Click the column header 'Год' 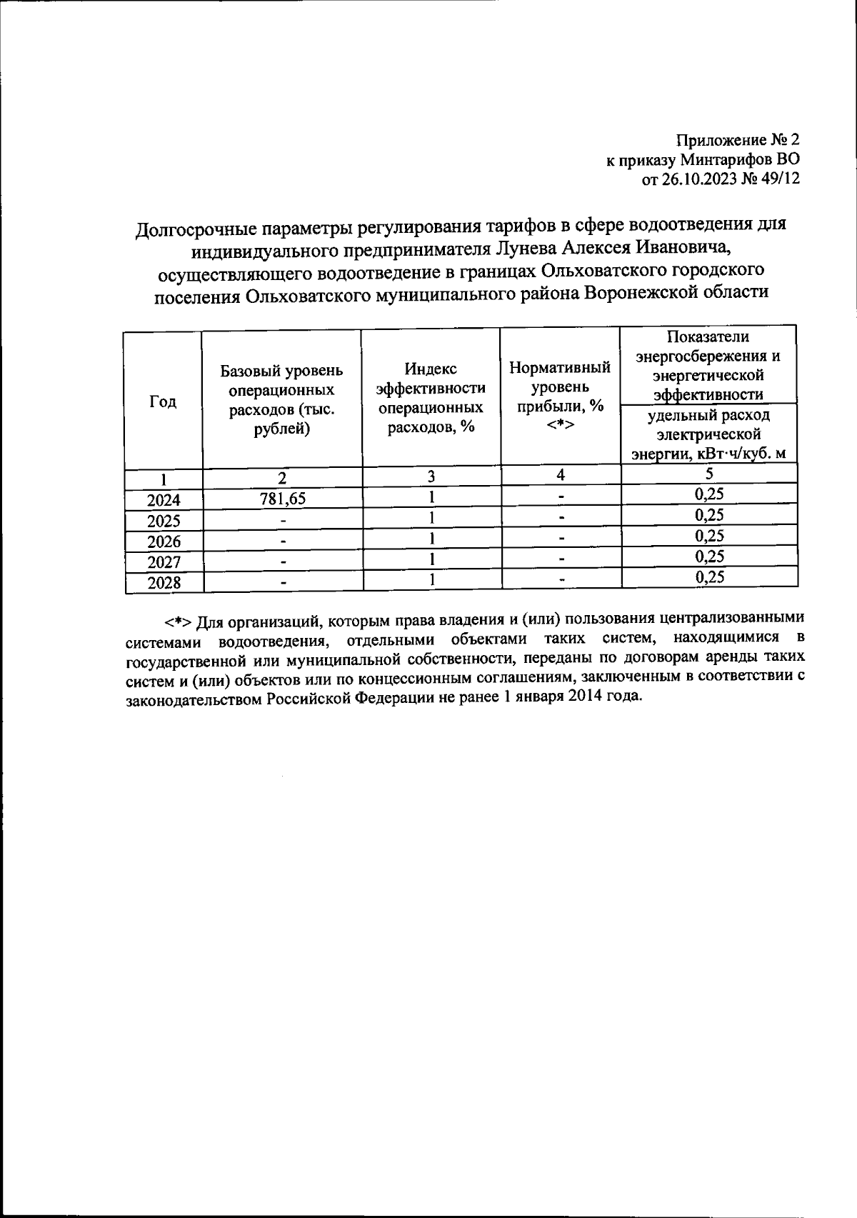(163, 401)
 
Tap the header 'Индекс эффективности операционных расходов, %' (431, 398)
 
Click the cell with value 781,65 (282, 499)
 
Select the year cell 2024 (164, 500)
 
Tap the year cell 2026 (164, 541)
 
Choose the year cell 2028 (164, 583)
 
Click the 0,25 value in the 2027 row (709, 556)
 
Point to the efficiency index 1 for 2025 (431, 517)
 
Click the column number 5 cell (709, 473)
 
